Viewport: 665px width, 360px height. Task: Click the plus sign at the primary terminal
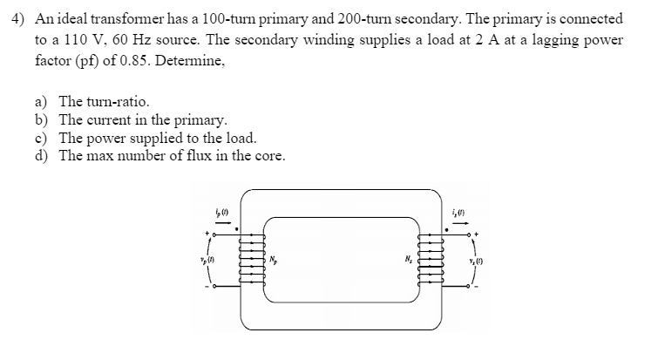coord(207,234)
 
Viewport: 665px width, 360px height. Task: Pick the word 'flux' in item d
coord(200,157)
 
